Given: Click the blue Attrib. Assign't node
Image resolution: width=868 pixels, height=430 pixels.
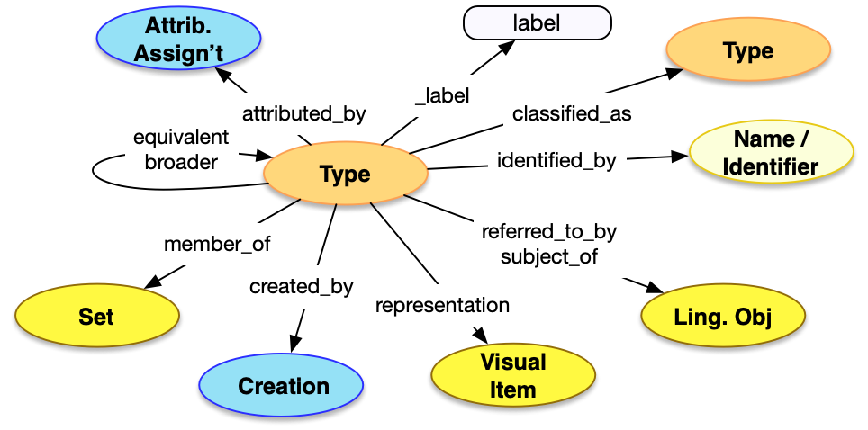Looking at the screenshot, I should pyautogui.click(x=177, y=41).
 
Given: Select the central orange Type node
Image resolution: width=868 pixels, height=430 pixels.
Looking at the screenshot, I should pyautogui.click(x=345, y=174).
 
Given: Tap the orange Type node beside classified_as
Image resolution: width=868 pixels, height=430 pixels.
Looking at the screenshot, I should pyautogui.click(x=747, y=52).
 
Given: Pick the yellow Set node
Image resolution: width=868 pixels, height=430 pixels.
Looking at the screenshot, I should pyautogui.click(x=96, y=317).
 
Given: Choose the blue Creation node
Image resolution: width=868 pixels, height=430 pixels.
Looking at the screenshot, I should pyautogui.click(x=283, y=387).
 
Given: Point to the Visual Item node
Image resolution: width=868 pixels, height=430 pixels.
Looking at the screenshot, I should pyautogui.click(x=513, y=376).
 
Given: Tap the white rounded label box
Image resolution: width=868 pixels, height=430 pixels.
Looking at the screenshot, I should pyautogui.click(x=537, y=23).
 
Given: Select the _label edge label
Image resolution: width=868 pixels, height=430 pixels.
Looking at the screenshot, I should pyautogui.click(x=442, y=94).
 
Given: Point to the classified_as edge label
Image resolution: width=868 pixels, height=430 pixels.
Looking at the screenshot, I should pyautogui.click(x=572, y=114).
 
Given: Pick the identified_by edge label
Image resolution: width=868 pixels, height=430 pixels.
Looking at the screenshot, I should pyautogui.click(x=556, y=161).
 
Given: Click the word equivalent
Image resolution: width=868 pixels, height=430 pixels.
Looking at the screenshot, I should pyautogui.click(x=181, y=138).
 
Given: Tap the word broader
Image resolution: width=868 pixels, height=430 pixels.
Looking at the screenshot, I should pyautogui.click(x=181, y=162).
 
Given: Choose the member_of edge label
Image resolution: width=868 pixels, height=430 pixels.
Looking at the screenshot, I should pyautogui.click(x=217, y=244).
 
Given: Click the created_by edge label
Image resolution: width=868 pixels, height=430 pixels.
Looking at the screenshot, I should pyautogui.click(x=301, y=287).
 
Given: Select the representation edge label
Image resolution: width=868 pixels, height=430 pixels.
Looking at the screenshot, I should pyautogui.click(x=442, y=305).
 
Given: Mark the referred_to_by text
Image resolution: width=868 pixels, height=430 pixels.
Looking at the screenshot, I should pyautogui.click(x=548, y=232).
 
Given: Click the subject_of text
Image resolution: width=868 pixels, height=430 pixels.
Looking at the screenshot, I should pyautogui.click(x=548, y=256).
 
